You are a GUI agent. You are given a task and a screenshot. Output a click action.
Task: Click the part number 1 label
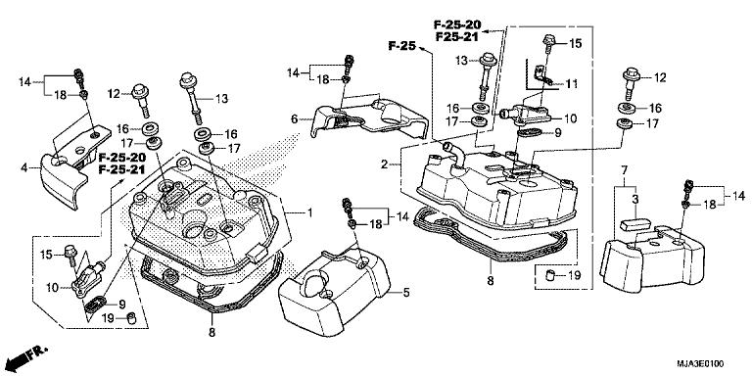click(x=309, y=212)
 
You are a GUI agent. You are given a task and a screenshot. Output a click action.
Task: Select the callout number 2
click(x=385, y=163)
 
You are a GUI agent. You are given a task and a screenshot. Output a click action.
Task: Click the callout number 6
click(x=294, y=118)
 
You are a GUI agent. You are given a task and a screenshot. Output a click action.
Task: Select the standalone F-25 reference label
click(x=401, y=46)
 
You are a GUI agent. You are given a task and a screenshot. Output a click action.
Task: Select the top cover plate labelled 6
click(x=367, y=115)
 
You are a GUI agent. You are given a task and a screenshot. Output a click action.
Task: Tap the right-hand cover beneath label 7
click(x=651, y=257)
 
